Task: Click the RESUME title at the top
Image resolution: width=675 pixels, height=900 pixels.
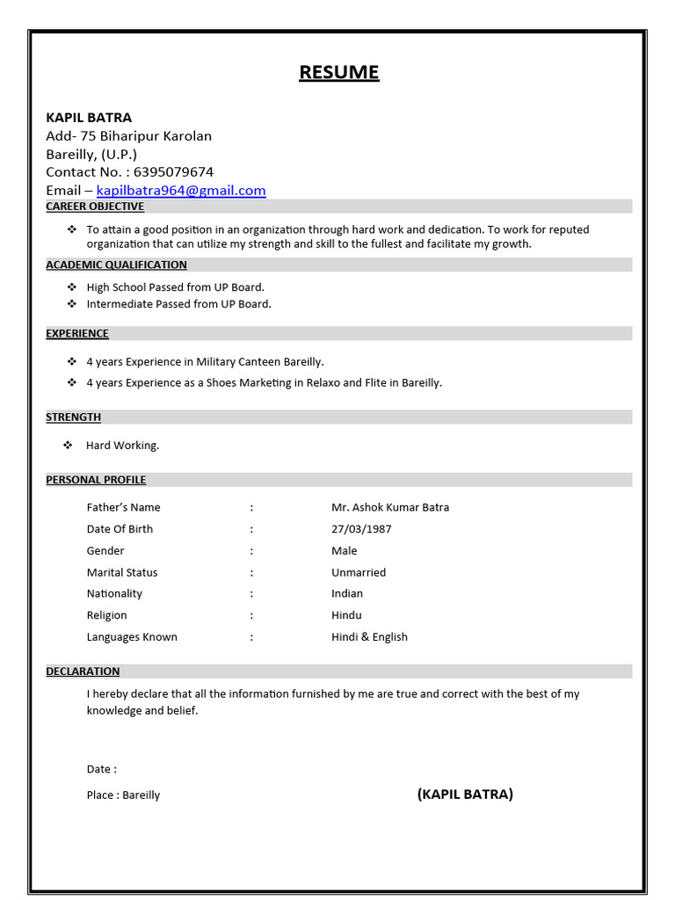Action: pyautogui.click(x=338, y=72)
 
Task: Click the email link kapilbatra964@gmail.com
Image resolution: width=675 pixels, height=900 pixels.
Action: pyautogui.click(x=181, y=191)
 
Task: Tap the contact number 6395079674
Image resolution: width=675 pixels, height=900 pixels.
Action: pyautogui.click(x=173, y=172)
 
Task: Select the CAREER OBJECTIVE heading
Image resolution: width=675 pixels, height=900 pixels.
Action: pyautogui.click(x=95, y=207)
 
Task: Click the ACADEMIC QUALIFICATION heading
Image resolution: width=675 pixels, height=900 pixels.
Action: pyautogui.click(x=116, y=265)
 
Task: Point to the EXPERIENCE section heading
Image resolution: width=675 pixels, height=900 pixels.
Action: pyautogui.click(x=77, y=334)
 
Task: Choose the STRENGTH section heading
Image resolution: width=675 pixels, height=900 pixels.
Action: pyautogui.click(x=74, y=417)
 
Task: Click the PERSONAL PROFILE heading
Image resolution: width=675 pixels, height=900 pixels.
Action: pyautogui.click(x=96, y=480)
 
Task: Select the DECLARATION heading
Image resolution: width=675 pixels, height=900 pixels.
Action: pyautogui.click(x=83, y=671)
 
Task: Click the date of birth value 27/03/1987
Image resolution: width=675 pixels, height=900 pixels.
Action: pyautogui.click(x=361, y=529)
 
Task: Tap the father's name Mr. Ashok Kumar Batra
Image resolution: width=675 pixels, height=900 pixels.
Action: pyautogui.click(x=390, y=507)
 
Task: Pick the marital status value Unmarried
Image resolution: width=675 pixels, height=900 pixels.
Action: pyautogui.click(x=359, y=572)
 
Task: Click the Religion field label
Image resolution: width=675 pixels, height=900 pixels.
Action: pyautogui.click(x=106, y=615)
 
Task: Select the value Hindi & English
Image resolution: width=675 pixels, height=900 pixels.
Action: pyautogui.click(x=369, y=637)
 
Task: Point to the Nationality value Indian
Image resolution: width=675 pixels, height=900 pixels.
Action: pyautogui.click(x=347, y=594)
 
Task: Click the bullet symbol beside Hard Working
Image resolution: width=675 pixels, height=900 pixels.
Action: pyautogui.click(x=68, y=446)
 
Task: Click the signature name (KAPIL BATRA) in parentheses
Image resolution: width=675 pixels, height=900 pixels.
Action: pyautogui.click(x=465, y=795)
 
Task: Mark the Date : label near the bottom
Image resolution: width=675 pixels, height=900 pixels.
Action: pyautogui.click(x=101, y=769)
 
